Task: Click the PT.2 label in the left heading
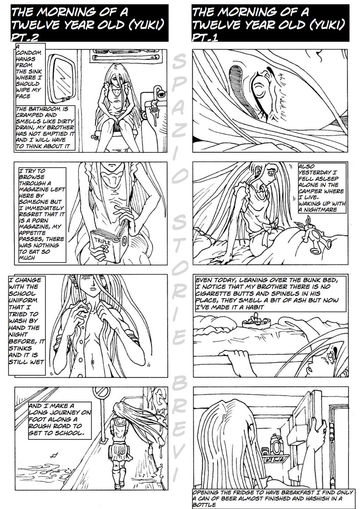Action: click(25, 37)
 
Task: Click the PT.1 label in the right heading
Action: click(205, 37)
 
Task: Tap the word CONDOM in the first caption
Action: click(29, 53)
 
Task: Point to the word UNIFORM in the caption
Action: click(23, 300)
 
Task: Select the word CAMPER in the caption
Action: click(312, 191)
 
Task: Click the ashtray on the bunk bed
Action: click(256, 321)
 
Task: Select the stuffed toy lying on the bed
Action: click(313, 237)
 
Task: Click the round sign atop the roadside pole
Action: click(101, 392)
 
